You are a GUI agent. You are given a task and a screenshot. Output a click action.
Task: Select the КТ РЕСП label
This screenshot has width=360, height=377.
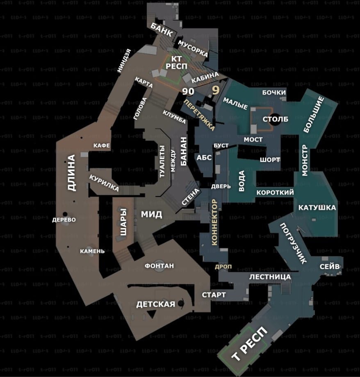tap(177, 63)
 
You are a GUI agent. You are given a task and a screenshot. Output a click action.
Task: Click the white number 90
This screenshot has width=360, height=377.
tap(189, 91)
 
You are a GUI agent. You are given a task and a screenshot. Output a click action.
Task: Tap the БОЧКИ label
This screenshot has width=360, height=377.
tap(274, 93)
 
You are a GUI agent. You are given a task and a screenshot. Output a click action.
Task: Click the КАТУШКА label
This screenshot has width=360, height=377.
tap(317, 207)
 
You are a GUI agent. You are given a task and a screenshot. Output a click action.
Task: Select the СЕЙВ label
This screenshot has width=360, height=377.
tap(330, 267)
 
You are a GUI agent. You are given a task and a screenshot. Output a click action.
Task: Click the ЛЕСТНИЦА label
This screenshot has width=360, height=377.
tap(270, 277)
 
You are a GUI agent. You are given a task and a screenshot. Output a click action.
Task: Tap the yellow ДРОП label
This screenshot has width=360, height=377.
tap(223, 267)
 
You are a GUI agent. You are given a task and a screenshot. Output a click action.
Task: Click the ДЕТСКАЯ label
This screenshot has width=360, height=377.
tap(155, 304)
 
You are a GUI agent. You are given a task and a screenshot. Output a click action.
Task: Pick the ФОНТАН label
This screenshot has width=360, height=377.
tap(159, 266)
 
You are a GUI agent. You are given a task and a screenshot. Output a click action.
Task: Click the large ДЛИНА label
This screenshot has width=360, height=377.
tap(72, 173)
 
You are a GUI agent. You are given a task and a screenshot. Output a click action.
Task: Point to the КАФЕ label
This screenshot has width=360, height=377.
tap(102, 146)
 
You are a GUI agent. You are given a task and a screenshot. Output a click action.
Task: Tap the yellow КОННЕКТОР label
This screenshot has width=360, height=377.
tap(214, 222)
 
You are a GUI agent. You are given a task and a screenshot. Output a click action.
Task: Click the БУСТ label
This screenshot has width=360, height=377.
tap(221, 146)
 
